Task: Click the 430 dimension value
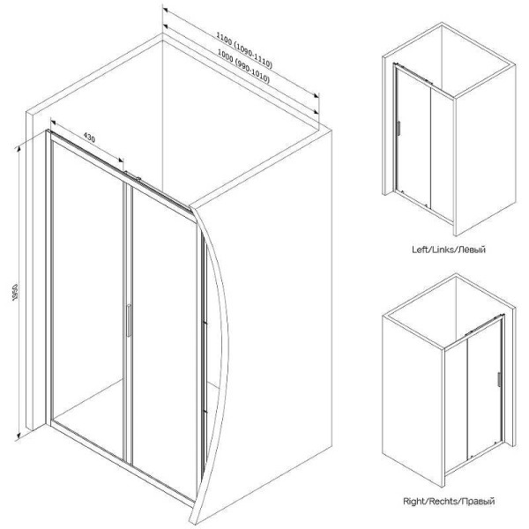pyautogui.click(x=89, y=138)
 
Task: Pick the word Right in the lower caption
pyautogui.click(x=414, y=502)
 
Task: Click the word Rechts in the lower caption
pyautogui.click(x=444, y=502)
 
